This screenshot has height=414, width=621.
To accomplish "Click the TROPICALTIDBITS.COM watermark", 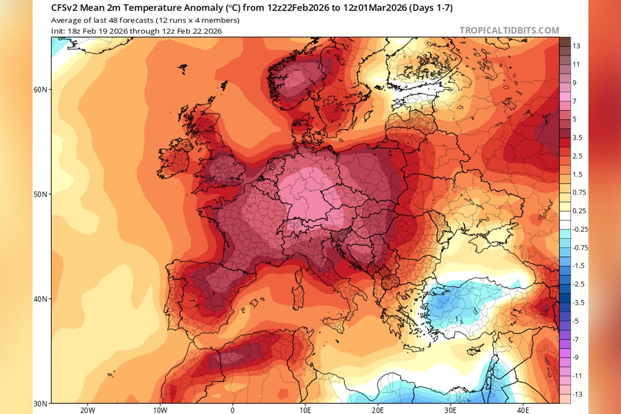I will [509, 31].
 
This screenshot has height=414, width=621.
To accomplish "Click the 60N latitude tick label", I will [40, 90].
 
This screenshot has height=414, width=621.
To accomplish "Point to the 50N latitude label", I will [40, 195].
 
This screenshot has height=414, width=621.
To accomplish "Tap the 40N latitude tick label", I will [40, 299].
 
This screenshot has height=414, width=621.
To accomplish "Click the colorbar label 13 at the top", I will [576, 46].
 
